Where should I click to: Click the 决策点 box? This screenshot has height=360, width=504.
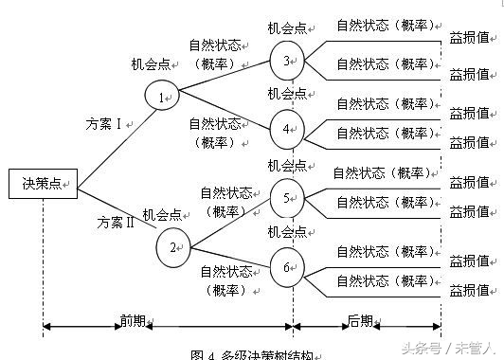click(x=42, y=182)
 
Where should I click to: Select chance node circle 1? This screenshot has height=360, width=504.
click(x=162, y=96)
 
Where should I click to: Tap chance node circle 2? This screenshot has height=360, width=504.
click(x=174, y=245)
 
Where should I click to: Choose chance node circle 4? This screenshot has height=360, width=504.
click(x=287, y=127)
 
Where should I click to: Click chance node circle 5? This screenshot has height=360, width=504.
click(x=287, y=198)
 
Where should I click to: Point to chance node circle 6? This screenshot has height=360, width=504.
click(x=287, y=266)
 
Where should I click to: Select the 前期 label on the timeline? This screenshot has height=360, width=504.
click(x=132, y=321)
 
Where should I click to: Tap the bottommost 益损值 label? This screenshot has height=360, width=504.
click(x=468, y=288)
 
